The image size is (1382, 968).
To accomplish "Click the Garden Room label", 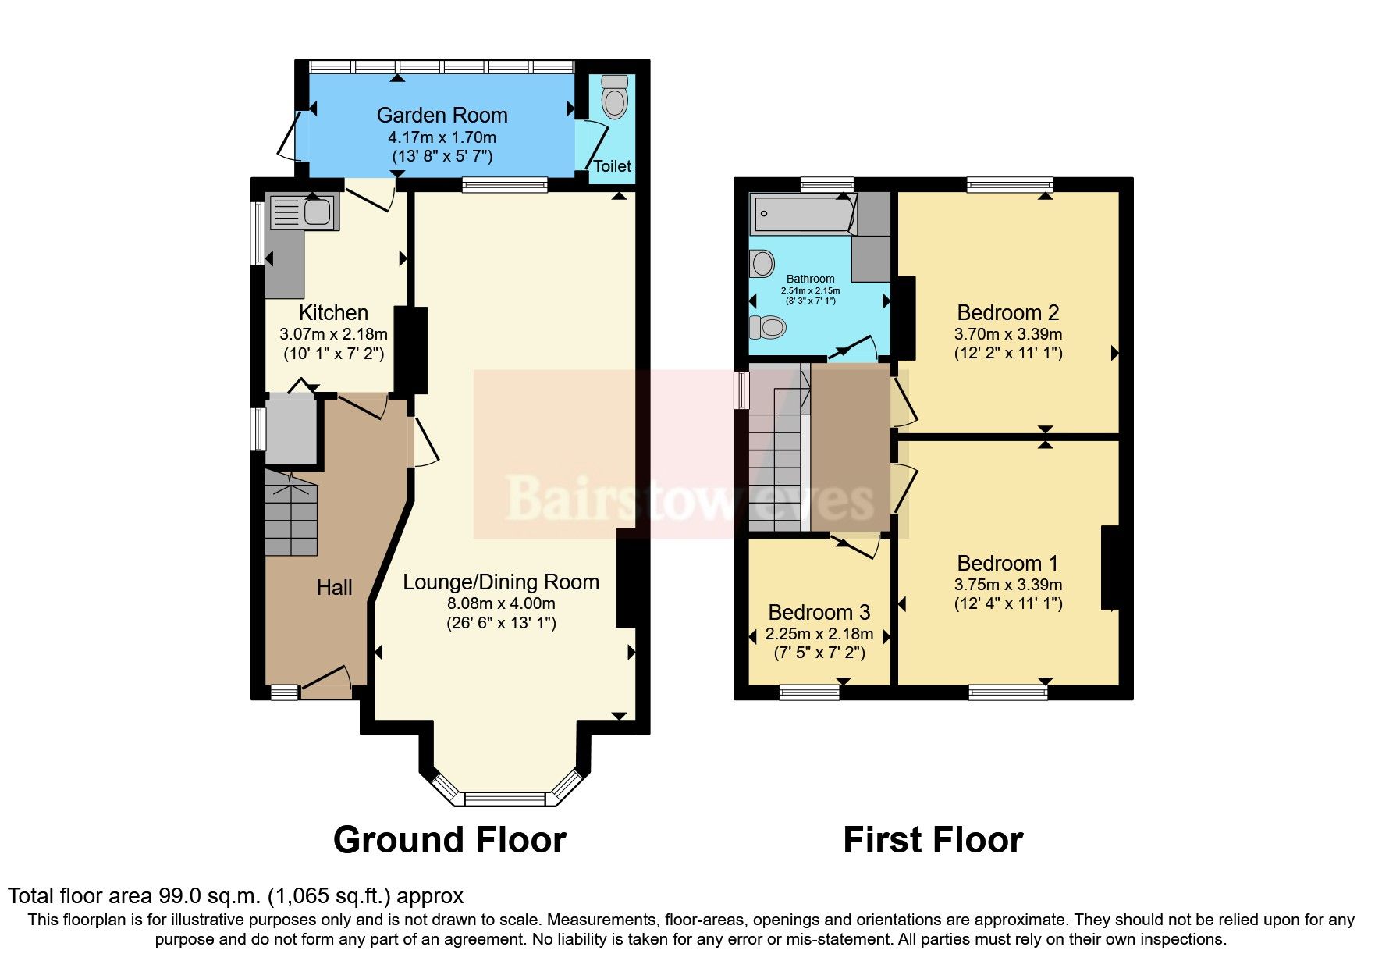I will tap(442, 116).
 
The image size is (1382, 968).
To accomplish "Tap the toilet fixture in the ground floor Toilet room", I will tap(615, 98).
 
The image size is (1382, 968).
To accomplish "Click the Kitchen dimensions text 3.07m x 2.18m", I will tap(333, 334).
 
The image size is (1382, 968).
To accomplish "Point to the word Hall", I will tap(334, 588).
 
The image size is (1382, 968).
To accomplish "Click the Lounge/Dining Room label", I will tap(501, 582).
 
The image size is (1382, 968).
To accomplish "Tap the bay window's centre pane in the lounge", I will tap(504, 799).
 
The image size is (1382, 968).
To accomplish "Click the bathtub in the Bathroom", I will tap(800, 214).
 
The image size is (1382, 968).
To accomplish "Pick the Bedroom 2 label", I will tap(1007, 313).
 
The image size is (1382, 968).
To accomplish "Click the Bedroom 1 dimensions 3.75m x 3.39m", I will tap(1007, 585).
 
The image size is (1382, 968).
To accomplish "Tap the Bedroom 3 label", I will tap(819, 613).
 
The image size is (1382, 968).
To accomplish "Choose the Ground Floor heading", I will tap(449, 841).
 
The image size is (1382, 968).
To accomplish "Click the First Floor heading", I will tap(933, 841).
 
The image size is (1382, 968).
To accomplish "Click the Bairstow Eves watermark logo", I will tap(690, 498).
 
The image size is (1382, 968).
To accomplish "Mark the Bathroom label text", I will tap(810, 279).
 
